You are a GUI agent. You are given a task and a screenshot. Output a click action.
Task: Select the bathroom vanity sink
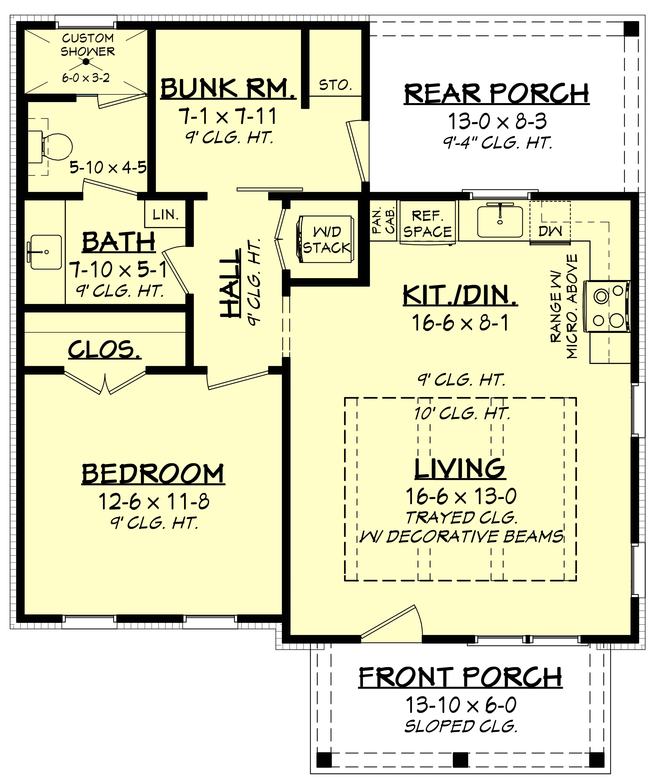point(46,252)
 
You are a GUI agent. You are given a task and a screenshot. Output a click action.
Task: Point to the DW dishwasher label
point(550,231)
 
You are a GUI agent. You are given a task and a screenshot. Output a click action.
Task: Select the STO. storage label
point(335,85)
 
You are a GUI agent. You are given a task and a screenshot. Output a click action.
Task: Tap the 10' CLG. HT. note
point(462,413)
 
